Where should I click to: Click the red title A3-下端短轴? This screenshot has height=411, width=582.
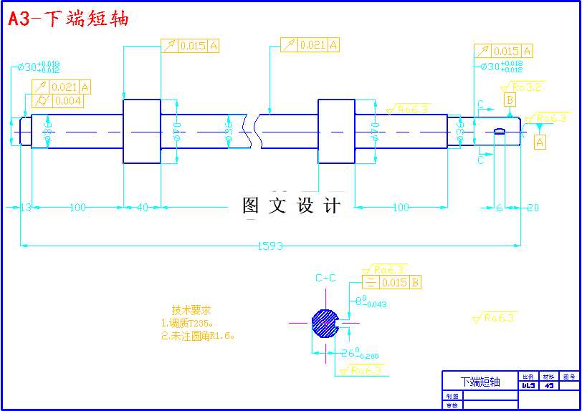click(69, 19)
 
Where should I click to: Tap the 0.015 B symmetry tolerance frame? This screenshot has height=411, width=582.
click(391, 283)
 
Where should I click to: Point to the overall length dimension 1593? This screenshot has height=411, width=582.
click(270, 246)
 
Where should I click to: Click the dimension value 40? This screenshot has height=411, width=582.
click(142, 208)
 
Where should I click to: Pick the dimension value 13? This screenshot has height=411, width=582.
click(26, 208)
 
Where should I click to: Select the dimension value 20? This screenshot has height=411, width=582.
click(532, 208)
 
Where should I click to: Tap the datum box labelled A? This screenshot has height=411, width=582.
click(540, 142)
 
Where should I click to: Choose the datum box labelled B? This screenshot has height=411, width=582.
click(510, 100)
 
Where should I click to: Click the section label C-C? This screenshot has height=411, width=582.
click(325, 278)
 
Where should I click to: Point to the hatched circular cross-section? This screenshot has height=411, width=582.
click(325, 323)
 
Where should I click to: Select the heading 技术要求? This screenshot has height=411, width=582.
click(191, 310)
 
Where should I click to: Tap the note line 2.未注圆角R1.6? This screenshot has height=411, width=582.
click(199, 335)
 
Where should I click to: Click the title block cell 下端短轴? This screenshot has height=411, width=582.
click(480, 382)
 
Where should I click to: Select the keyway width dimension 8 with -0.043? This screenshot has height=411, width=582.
click(371, 301)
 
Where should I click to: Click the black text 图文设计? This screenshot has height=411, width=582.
click(291, 206)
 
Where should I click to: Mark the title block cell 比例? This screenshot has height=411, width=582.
click(528, 376)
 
